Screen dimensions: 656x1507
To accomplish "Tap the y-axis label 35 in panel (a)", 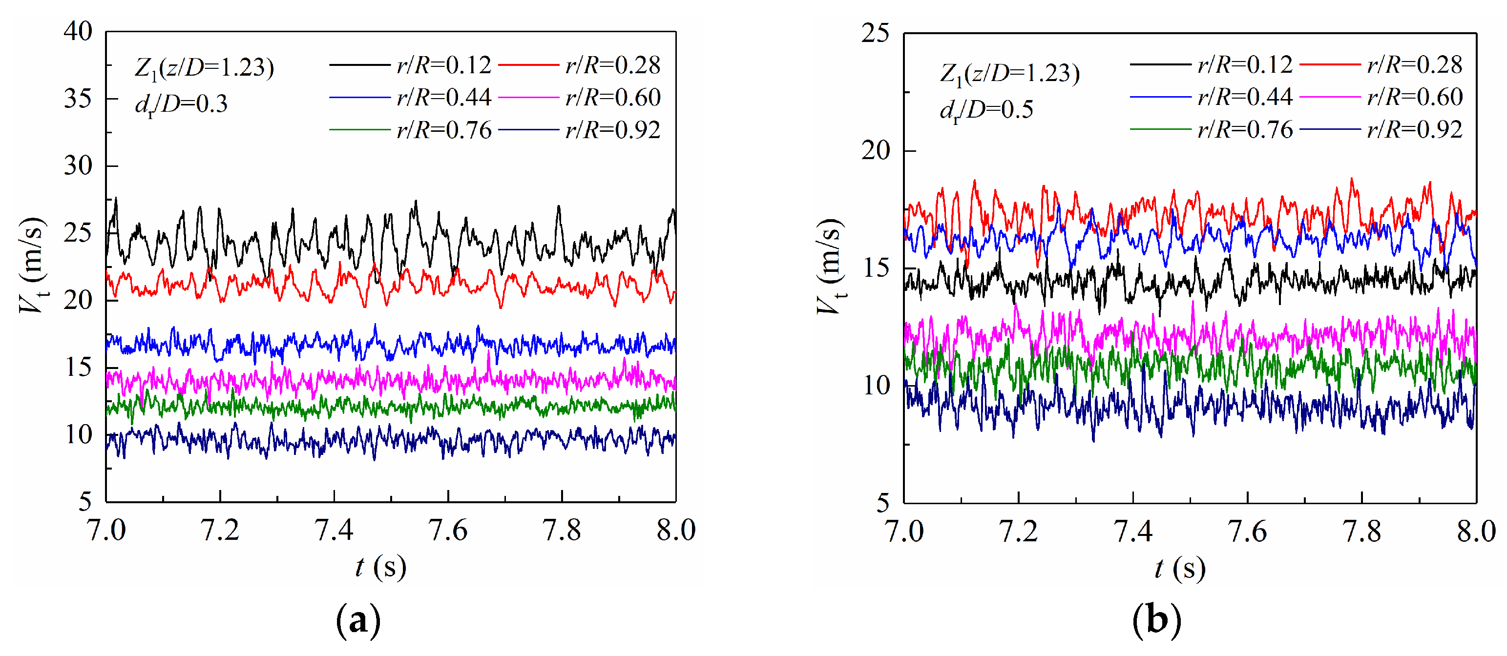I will [78, 98].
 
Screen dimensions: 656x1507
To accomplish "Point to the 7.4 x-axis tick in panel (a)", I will [334, 530].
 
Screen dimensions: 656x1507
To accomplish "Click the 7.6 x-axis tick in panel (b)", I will [1247, 532].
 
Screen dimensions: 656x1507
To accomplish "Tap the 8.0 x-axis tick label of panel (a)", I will [676, 530].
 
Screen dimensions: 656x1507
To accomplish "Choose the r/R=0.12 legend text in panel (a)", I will [443, 65].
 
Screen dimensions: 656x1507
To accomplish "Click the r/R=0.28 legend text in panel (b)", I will [1414, 64].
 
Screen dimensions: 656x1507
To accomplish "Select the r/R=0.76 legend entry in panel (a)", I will [443, 130].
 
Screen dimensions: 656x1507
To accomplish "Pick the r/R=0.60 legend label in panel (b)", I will [1414, 97].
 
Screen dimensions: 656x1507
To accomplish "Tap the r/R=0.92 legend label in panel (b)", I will [1414, 129].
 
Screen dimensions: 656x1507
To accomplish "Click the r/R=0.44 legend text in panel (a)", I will [443, 97].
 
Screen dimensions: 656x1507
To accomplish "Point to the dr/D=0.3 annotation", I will [181, 104].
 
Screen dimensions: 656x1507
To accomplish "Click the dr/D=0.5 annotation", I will [986, 110].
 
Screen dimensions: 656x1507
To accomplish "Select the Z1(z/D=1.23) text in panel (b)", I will [1009, 74].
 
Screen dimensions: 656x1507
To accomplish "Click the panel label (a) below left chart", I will [358, 620].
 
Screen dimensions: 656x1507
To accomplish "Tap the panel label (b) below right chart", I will [1156, 620].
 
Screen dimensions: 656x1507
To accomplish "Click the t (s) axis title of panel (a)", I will [380, 567].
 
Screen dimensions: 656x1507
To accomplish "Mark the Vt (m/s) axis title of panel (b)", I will [831, 266].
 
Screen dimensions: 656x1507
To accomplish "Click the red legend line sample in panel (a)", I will [528, 65].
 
